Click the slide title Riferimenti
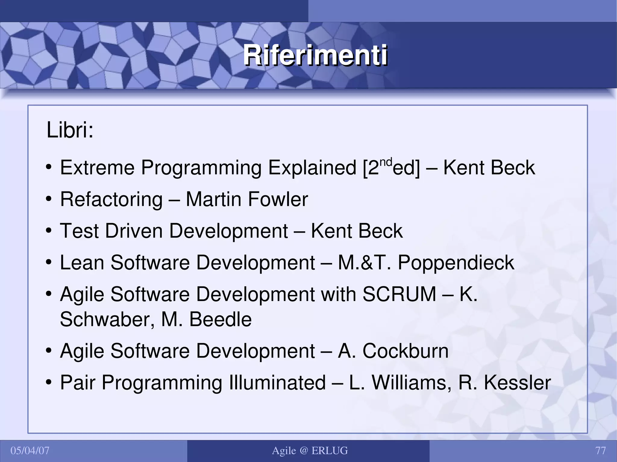coord(315,55)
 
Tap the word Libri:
coord(70,131)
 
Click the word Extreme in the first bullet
coord(97,168)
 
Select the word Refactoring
coord(111,200)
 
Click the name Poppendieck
coord(456,263)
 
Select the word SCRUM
coord(399,294)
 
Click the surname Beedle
coord(220,319)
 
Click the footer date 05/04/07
coord(30,451)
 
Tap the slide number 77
coord(600,451)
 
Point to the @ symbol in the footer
coord(304,451)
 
